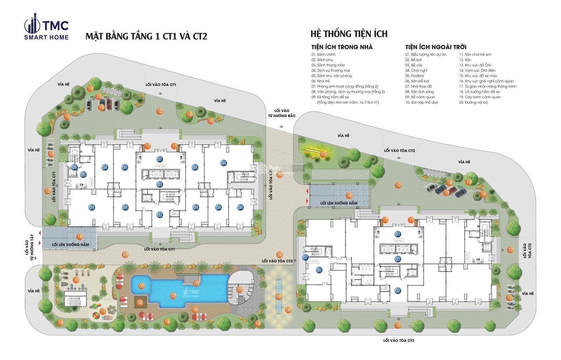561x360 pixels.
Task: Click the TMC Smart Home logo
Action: [x=46, y=28]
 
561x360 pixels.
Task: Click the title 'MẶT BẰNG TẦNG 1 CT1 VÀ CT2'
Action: [x=146, y=37]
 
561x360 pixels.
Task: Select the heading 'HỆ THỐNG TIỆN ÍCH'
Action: [x=349, y=34]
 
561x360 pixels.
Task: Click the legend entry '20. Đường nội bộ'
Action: [x=473, y=102]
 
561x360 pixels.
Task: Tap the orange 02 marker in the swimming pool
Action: [x=173, y=296]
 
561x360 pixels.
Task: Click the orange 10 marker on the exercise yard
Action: [x=76, y=280]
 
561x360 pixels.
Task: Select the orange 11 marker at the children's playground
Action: [x=103, y=311]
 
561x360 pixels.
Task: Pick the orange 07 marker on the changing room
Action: [x=239, y=290]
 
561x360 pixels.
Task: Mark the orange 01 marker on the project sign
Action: [x=323, y=154]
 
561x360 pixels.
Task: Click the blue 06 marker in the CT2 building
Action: [x=319, y=270]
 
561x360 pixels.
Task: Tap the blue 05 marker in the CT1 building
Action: [x=83, y=175]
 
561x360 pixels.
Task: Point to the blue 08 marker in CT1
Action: [x=74, y=167]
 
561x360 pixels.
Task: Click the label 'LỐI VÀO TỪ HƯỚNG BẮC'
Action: [x=281, y=113]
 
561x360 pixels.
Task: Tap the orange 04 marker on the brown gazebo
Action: [x=140, y=302]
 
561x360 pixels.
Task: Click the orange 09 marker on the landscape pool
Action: [x=279, y=297]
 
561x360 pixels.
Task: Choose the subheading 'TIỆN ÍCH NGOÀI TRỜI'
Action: [x=435, y=47]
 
